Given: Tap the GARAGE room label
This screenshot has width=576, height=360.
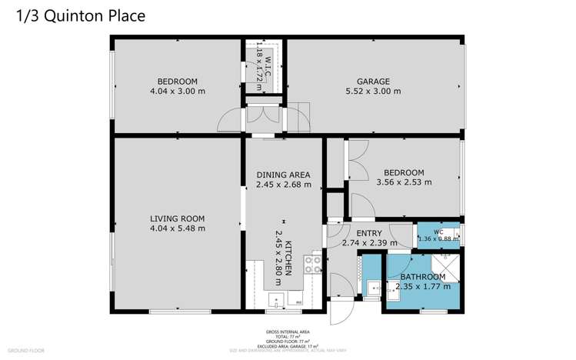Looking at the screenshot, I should coord(373,81).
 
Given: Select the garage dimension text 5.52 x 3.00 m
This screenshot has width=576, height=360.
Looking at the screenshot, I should coord(373,91).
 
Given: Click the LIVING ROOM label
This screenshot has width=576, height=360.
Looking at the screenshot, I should coord(178,218).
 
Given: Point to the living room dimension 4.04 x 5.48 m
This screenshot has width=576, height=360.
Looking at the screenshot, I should coord(178,228).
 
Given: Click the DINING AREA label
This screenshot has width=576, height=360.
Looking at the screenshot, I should coord(283,175).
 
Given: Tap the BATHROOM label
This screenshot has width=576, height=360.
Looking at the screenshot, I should coord(421,277).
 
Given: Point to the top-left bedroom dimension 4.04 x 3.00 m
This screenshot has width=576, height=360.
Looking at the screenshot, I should coord(178,91).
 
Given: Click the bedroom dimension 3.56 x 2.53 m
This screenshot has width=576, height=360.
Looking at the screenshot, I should coord(404,182).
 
